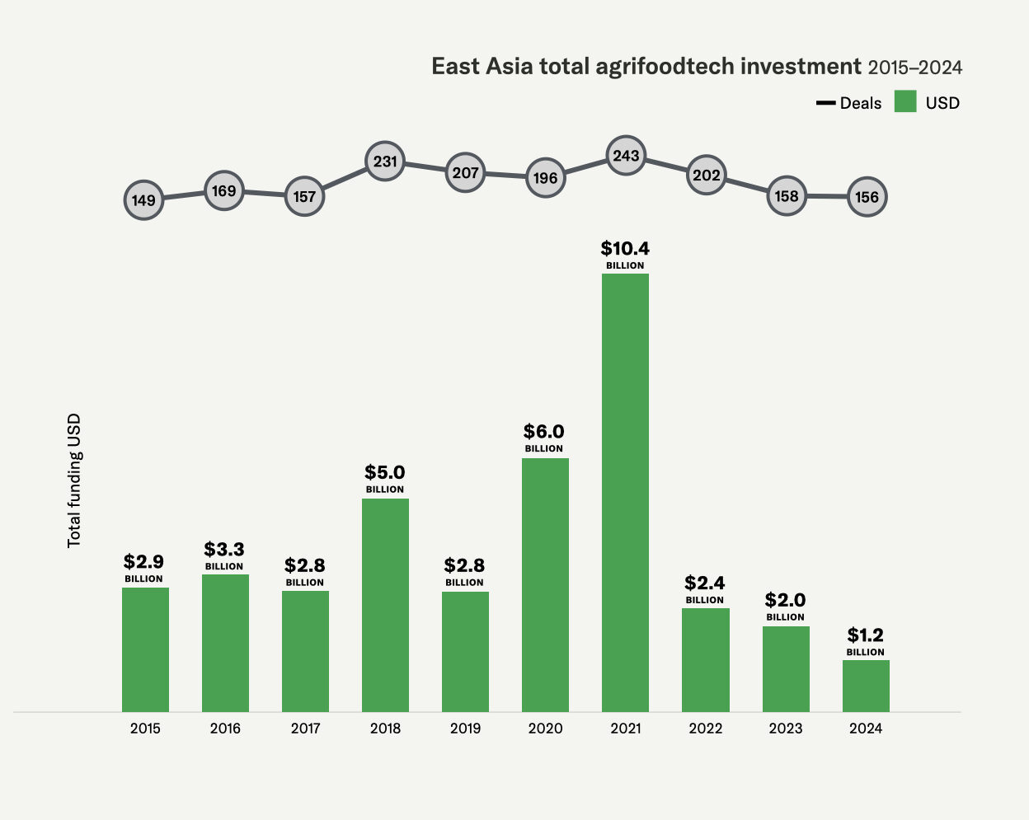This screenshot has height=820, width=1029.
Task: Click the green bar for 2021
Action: [625, 493]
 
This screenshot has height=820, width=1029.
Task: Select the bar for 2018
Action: [385, 605]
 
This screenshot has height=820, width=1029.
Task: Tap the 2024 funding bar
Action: [866, 686]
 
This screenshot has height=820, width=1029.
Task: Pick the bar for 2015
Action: [145, 649]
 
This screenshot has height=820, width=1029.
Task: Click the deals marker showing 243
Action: [626, 156]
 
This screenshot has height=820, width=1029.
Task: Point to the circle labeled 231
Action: [385, 162]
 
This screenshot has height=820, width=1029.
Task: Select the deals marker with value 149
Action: [143, 200]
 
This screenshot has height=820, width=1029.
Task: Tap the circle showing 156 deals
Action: [867, 197]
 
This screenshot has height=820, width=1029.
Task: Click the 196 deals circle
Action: [545, 177]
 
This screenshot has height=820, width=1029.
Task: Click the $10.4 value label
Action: [625, 249]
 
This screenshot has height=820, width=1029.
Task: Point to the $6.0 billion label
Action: [544, 432]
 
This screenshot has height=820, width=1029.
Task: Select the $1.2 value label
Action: [865, 635]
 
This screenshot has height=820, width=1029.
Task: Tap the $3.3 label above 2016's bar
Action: [224, 550]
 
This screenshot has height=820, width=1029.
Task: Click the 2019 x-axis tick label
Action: [465, 729]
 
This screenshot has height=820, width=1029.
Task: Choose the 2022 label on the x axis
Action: [706, 729]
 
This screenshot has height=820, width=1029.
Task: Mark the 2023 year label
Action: [786, 729]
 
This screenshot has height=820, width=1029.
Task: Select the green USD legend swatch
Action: [905, 102]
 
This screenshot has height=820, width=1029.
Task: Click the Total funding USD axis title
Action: [75, 480]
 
